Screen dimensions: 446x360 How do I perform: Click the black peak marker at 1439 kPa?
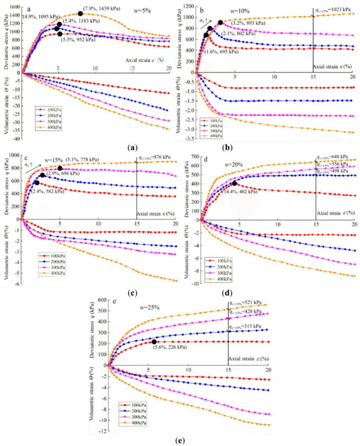(80, 14)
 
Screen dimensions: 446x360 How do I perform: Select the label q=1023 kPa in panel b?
(335, 9)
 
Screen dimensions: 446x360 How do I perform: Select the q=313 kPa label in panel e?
(250, 327)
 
